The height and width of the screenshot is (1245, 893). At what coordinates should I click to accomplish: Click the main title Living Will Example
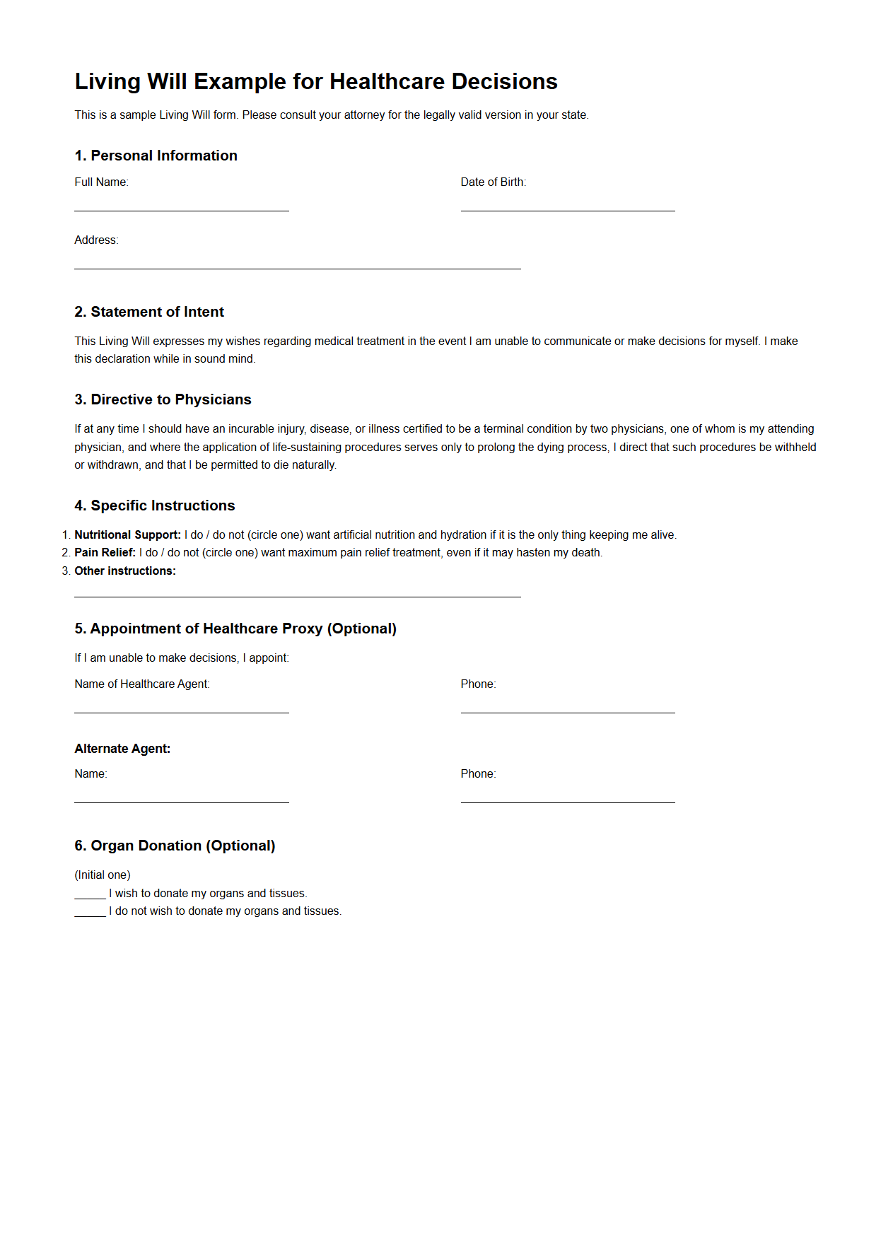(x=316, y=82)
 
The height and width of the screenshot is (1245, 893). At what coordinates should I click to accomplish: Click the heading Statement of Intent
(x=149, y=312)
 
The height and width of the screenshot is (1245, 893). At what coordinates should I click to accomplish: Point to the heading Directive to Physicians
(x=163, y=399)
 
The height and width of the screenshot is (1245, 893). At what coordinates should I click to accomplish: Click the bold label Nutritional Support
(x=127, y=535)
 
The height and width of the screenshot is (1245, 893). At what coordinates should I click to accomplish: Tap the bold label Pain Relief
(x=105, y=553)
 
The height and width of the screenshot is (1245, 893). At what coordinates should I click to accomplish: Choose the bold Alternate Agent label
(x=122, y=749)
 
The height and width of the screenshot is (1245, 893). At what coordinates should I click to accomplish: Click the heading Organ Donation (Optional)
(x=175, y=846)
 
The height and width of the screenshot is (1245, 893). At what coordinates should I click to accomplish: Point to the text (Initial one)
(x=103, y=875)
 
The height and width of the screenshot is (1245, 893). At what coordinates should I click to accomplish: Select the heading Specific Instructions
(x=155, y=505)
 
